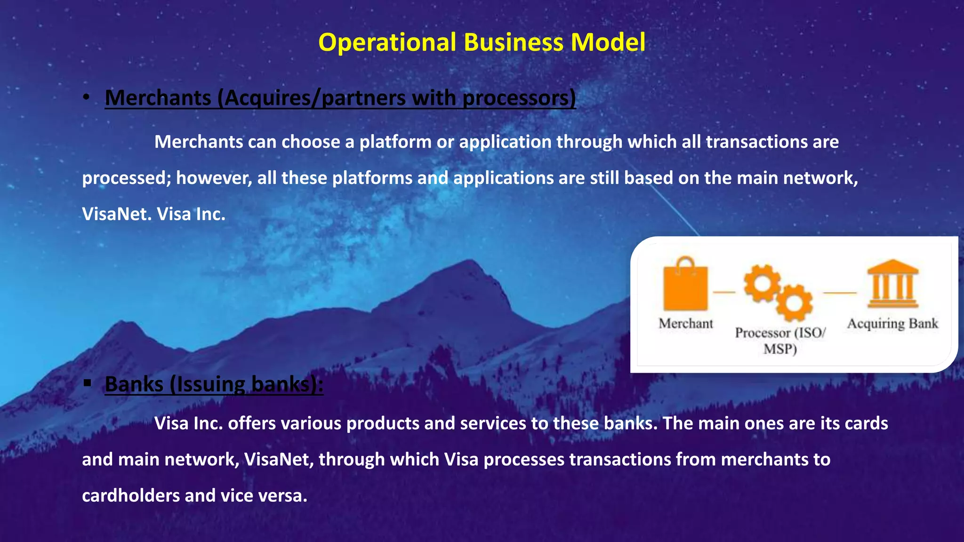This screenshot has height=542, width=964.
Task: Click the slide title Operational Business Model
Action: pyautogui.click(x=482, y=42)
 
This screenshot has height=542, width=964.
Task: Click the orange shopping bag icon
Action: pyautogui.click(x=685, y=285)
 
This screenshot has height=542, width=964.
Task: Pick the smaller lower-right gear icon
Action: pyautogui.click(x=794, y=303)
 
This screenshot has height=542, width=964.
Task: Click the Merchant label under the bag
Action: pyautogui.click(x=686, y=324)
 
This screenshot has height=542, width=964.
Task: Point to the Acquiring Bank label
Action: pyautogui.click(x=892, y=324)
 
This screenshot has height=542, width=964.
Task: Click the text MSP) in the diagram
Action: pyautogui.click(x=780, y=349)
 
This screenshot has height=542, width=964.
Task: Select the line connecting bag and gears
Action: pyautogui.click(x=724, y=293)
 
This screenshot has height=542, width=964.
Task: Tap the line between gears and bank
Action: pyautogui.click(x=839, y=293)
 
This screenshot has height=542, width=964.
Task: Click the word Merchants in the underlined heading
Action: pyautogui.click(x=158, y=98)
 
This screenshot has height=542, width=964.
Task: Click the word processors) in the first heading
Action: pyautogui.click(x=519, y=98)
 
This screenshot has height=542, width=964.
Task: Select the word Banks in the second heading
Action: pyautogui.click(x=134, y=384)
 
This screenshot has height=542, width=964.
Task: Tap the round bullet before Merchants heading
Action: pyautogui.click(x=86, y=97)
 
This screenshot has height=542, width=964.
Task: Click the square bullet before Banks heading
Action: pyautogui.click(x=87, y=383)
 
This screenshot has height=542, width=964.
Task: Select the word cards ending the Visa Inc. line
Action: pyautogui.click(x=866, y=423)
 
